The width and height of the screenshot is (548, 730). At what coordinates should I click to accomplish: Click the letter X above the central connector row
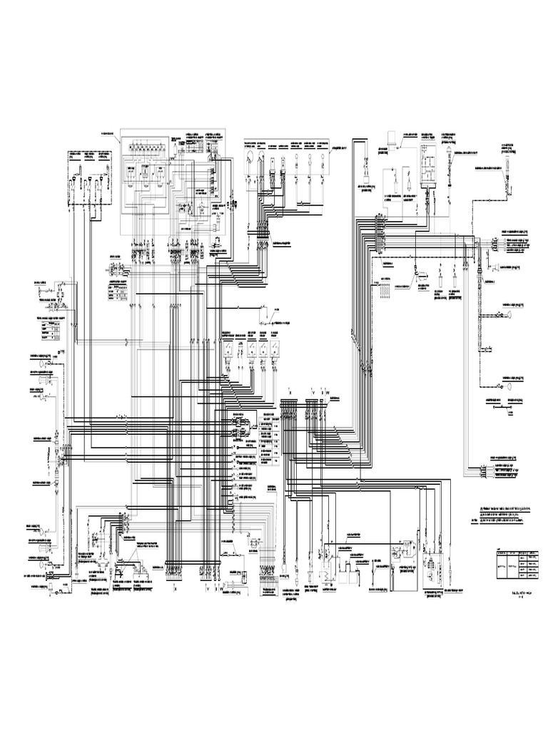290,391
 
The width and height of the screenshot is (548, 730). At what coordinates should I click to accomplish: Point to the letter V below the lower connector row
207,590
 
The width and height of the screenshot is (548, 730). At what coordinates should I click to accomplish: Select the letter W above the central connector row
328,391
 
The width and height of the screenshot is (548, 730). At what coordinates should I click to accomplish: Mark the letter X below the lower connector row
175,590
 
